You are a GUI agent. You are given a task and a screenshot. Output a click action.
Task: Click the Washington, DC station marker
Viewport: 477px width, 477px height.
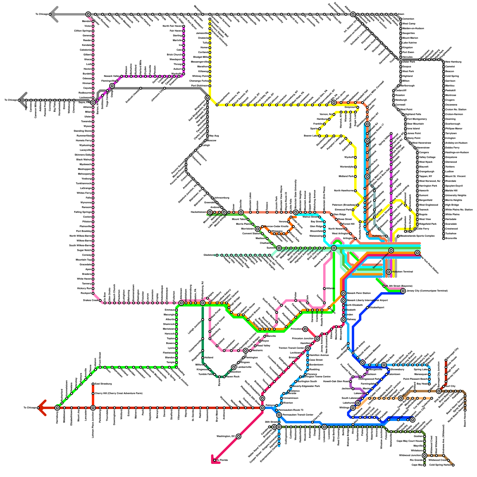[238, 436]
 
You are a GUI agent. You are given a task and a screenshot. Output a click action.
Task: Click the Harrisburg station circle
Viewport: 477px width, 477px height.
[57, 408]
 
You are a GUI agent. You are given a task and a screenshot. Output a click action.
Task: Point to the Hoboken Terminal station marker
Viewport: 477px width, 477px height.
[389, 272]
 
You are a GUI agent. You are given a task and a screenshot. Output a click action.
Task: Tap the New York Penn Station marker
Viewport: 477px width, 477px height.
[417, 253]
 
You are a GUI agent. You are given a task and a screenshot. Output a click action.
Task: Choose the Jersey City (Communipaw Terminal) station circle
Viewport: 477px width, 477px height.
[403, 291]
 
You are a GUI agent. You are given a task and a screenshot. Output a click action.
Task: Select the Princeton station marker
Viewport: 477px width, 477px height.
[305, 329]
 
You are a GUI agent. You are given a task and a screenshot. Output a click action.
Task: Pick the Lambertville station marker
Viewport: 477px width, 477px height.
[234, 367]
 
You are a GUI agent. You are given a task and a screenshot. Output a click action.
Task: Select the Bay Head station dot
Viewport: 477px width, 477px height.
[429, 384]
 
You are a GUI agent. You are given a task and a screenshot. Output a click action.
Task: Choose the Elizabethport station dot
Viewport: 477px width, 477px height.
[367, 308]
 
